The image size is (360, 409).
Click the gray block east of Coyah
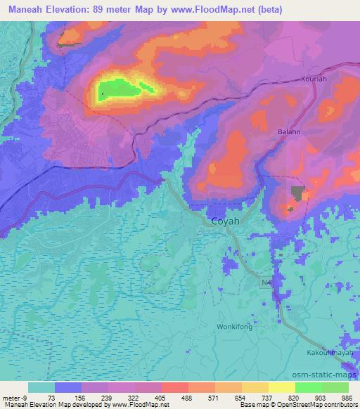302,193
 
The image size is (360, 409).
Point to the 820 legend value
294,397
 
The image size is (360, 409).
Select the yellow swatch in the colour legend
255,387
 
